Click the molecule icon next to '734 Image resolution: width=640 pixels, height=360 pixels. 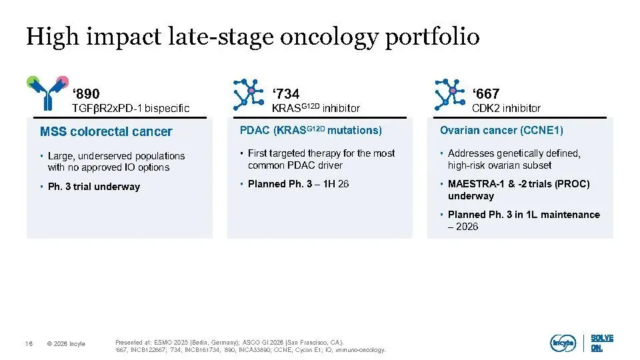(x=248, y=95)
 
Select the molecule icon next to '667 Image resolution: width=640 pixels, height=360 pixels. (x=449, y=95)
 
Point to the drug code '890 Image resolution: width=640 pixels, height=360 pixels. (x=86, y=94)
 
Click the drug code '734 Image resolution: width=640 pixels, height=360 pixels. (x=286, y=94)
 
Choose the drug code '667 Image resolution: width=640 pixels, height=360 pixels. (x=486, y=94)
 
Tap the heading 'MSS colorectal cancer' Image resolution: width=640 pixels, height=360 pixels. (x=106, y=131)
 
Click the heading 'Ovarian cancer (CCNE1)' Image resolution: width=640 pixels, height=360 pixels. (x=501, y=130)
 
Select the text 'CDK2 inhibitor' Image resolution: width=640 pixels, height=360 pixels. (x=506, y=108)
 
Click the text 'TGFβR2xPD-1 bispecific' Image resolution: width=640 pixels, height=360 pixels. (x=131, y=108)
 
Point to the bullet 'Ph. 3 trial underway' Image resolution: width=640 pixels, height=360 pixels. (x=94, y=187)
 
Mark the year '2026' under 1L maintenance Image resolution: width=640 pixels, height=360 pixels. (x=467, y=227)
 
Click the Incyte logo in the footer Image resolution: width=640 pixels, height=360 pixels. (x=563, y=343)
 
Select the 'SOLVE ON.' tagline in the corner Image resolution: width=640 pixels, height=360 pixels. (x=602, y=343)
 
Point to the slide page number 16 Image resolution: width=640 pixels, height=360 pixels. (x=29, y=344)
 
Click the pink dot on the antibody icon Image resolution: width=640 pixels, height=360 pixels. (x=63, y=81)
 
